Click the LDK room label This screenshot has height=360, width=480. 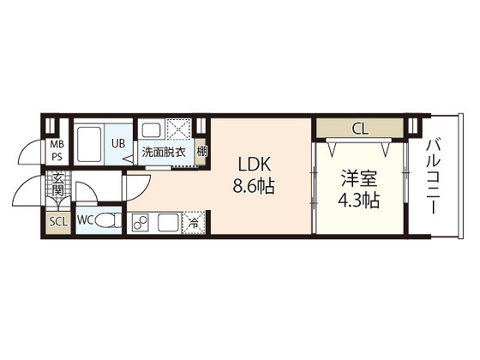255,165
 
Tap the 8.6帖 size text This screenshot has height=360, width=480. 254,186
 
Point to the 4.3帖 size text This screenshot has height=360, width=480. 359,201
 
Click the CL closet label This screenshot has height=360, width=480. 360,129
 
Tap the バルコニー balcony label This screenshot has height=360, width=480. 434,177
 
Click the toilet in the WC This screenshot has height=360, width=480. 108,220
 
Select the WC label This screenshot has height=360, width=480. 86,220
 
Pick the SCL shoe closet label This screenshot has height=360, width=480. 58,222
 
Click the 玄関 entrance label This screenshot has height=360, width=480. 57,184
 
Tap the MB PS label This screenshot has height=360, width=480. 57,150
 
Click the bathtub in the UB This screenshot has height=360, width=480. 89,144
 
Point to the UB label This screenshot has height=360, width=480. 118,143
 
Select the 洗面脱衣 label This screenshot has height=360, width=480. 164,153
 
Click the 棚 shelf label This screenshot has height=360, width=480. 201,152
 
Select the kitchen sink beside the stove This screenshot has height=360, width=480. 168,222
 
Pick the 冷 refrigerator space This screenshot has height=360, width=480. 194,223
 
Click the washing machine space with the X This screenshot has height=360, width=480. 179,129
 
